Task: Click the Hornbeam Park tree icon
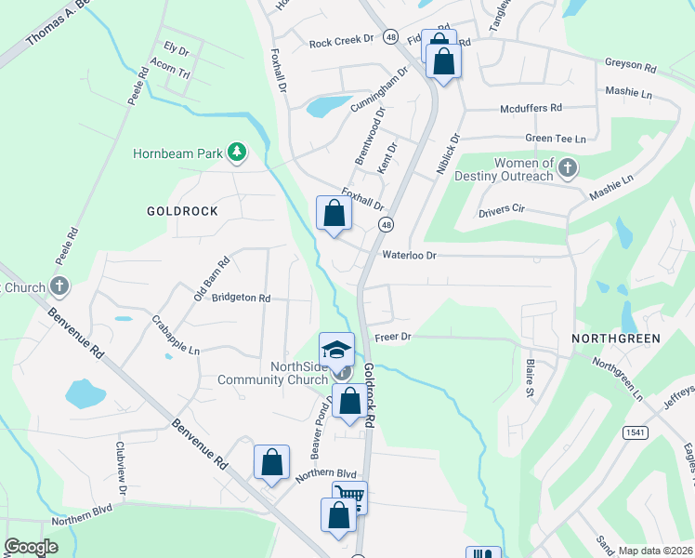237,152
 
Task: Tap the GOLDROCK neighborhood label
182,211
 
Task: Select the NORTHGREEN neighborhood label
616,339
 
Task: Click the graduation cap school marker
336,350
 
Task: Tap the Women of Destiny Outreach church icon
568,168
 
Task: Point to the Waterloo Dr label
409,254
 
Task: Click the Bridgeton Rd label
241,299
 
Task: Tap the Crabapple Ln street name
176,335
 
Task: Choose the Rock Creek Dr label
341,41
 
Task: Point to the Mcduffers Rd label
531,108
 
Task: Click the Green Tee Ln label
556,139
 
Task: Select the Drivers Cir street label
502,211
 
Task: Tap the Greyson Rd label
631,68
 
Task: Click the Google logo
32,547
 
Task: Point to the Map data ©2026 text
654,551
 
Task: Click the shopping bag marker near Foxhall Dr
334,213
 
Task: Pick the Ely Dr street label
176,46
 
